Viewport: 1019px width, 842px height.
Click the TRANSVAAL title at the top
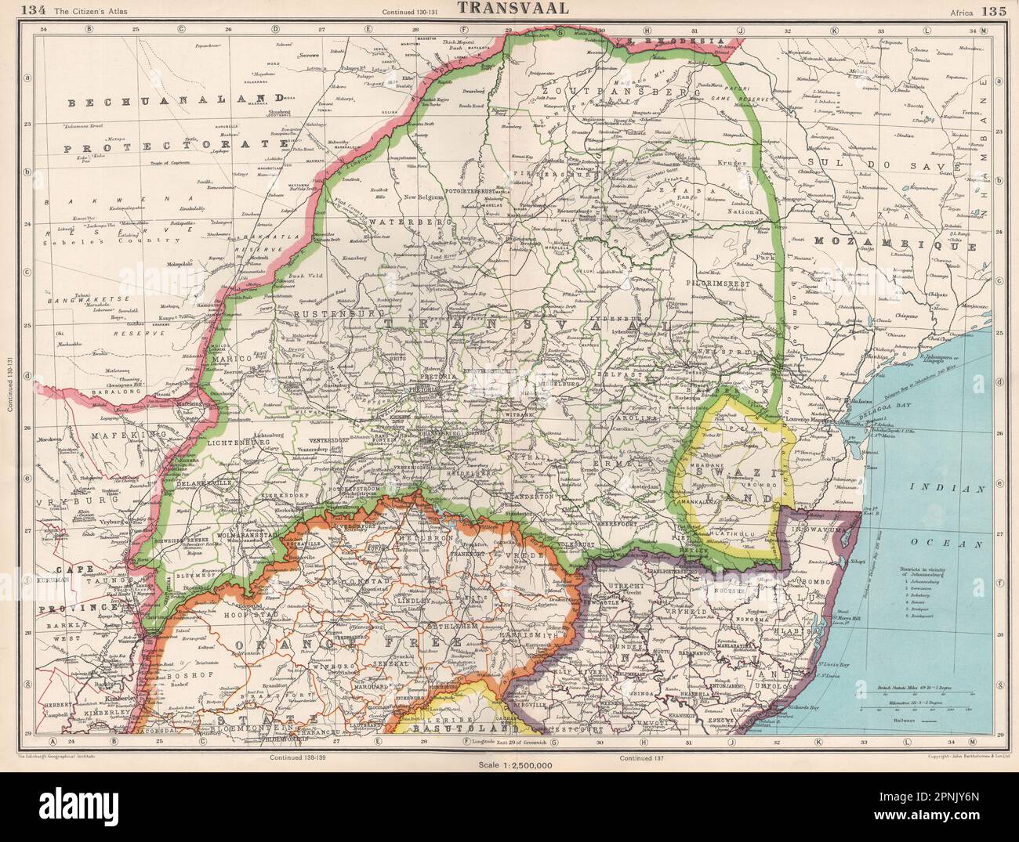pyautogui.click(x=508, y=10)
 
